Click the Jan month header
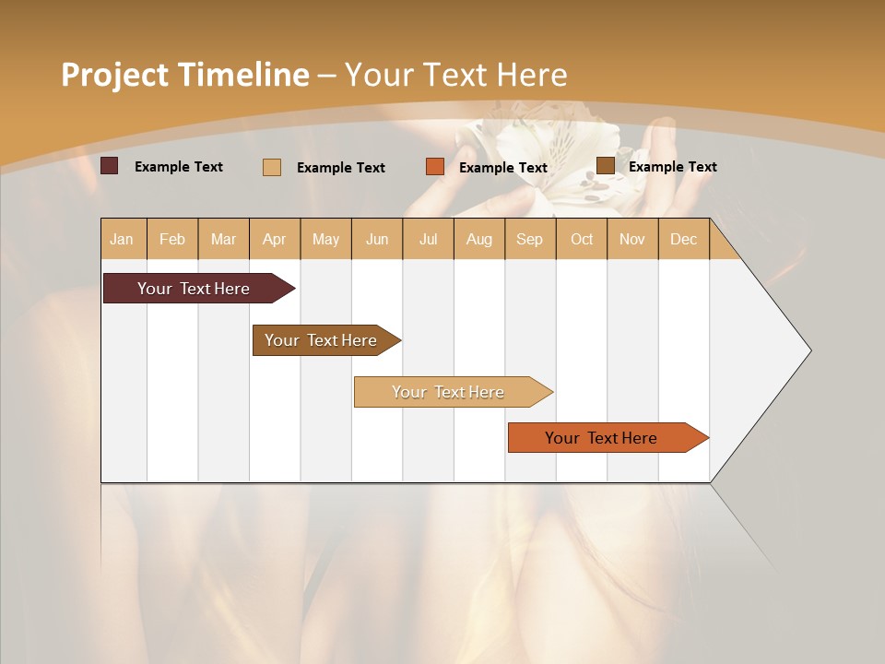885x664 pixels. click(x=123, y=240)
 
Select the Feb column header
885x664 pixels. click(x=172, y=240)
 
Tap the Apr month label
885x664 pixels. click(x=275, y=240)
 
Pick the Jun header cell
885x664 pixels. click(x=377, y=240)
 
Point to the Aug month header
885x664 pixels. click(x=479, y=240)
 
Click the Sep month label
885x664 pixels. click(x=530, y=240)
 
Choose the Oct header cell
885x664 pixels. click(x=582, y=240)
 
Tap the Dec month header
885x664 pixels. click(x=684, y=240)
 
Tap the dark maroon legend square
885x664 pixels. click(x=110, y=166)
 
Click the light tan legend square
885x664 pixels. click(x=272, y=167)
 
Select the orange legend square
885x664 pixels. click(x=435, y=167)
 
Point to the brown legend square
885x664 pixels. click(x=606, y=166)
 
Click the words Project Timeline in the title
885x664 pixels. click(x=184, y=75)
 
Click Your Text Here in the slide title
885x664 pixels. click(x=456, y=75)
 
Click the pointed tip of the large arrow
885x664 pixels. click(x=808, y=350)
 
